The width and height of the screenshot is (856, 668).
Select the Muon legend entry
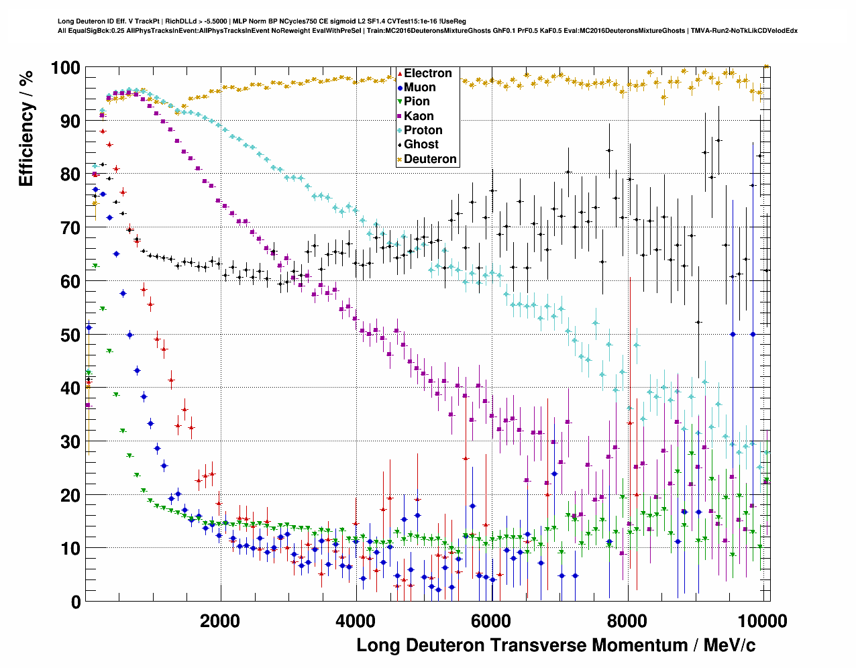[x=419, y=87]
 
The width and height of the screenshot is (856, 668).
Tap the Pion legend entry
[x=417, y=101]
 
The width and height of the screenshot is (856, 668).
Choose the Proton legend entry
[x=423, y=130]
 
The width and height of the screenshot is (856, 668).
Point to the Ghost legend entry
[x=421, y=144]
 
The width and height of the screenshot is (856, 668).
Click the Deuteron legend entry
[x=430, y=159]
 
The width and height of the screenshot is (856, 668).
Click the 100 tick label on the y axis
[x=65, y=68]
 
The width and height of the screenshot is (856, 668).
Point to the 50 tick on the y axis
[x=70, y=335]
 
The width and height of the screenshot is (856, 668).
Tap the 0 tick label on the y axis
[x=75, y=602]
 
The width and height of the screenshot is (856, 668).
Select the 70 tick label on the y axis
[x=70, y=228]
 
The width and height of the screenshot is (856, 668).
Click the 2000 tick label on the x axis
[x=219, y=620]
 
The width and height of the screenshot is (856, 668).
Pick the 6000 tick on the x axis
[x=491, y=620]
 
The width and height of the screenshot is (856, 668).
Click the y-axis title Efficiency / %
[x=26, y=127]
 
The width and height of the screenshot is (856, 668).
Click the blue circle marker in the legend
[x=400, y=87]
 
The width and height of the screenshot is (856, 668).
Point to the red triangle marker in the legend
[x=400, y=73]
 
